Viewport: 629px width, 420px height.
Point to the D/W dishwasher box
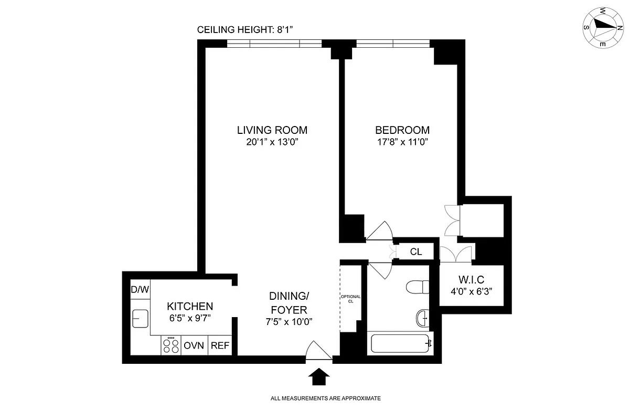pos(140,290)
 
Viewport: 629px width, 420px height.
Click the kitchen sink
pos(140,318)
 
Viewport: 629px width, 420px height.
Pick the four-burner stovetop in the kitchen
pos(171,345)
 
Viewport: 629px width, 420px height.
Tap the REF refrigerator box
pos(219,346)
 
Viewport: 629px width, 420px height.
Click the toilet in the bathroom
pos(418,288)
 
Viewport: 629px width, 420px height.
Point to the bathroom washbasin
pos(422,318)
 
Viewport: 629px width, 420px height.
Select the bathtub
pos(401,344)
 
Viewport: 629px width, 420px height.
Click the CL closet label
pos(416,252)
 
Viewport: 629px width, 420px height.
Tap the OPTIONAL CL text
pos(350,299)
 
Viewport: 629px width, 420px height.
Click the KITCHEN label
pos(190,306)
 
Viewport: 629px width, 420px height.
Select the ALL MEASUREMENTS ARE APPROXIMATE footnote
pos(325,398)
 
